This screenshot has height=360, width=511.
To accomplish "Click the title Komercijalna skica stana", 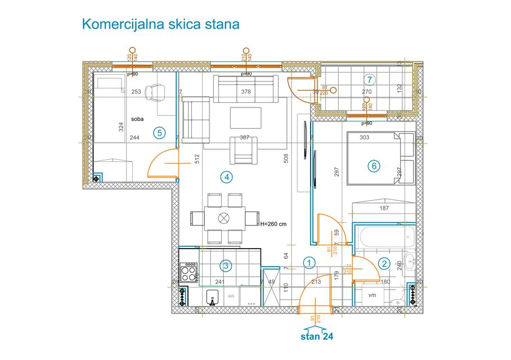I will coord(161,24).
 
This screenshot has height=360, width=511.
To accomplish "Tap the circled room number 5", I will coord(159,133).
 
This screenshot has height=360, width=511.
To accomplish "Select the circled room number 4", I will coord(226,177).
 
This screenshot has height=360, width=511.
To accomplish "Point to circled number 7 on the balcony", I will coord(369,79).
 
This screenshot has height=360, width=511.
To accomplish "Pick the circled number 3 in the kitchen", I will coord(225,265).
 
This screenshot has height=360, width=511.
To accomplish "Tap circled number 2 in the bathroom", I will coord(384,263).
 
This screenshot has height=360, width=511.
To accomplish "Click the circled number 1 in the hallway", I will coord(309,262).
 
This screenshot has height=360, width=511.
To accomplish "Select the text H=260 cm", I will coord(274,223).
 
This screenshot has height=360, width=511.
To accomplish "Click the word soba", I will coord(137,119).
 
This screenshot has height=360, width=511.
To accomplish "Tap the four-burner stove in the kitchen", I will coord(189,273).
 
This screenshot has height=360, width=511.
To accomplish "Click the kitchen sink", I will coord(213,297).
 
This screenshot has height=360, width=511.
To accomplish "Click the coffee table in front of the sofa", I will coord(245,118).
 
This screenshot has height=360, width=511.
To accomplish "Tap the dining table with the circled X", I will coord(225,218).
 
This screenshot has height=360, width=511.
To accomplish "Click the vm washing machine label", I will coord(371,295).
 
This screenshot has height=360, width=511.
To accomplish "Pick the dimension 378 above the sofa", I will coord(245,92).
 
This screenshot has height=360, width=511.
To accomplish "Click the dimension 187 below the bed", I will coord(384,208).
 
